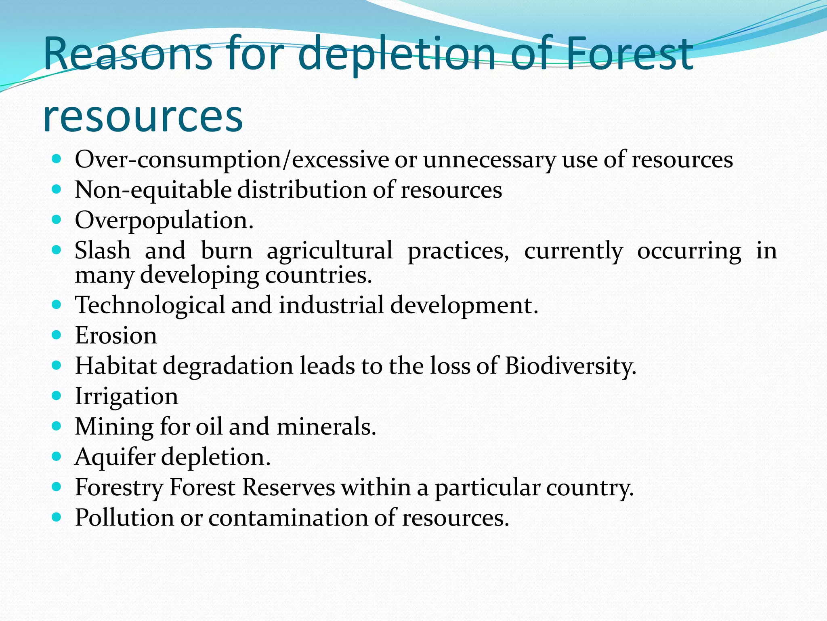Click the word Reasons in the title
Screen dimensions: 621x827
[x=127, y=54]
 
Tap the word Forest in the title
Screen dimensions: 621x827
[x=629, y=54]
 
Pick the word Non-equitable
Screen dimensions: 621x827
[x=153, y=190]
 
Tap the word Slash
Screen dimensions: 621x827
[x=103, y=250]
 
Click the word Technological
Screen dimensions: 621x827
[x=150, y=305]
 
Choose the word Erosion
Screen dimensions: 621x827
[x=116, y=336]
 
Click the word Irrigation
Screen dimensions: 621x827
[x=126, y=397]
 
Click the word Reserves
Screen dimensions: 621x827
[x=288, y=487]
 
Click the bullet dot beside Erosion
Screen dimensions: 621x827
[x=57, y=335]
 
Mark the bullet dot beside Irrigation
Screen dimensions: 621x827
[x=57, y=395]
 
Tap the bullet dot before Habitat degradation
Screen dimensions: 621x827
[x=57, y=365]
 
